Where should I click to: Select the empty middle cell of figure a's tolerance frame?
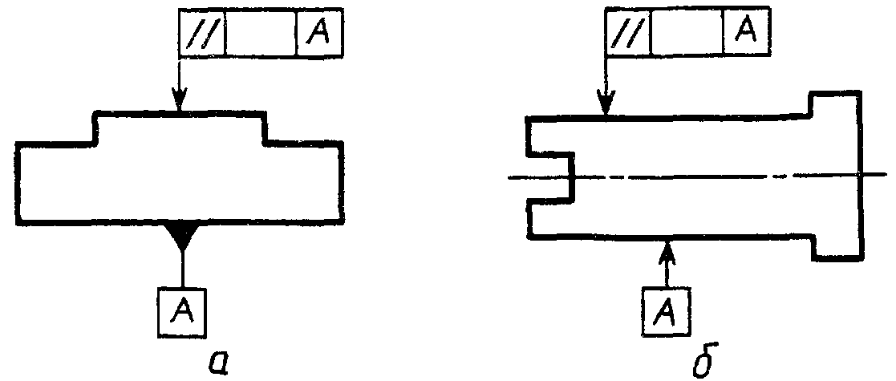tap(262, 33)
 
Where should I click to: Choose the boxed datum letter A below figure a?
tap(182, 311)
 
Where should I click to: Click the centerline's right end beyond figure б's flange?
tap(886, 173)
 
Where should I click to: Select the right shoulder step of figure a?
tap(265, 128)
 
